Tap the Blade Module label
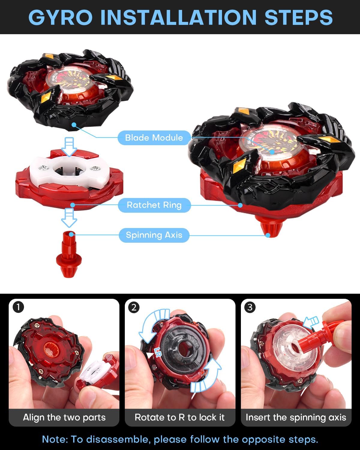point(154,138)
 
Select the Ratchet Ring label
point(154,205)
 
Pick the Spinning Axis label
point(154,235)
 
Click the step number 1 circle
point(19,307)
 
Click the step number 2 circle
point(134,307)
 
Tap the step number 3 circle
point(250,307)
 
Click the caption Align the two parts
point(64,417)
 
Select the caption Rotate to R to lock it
point(180,417)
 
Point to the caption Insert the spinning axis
point(296,417)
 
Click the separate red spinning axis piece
point(68,255)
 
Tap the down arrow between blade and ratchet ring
point(69,147)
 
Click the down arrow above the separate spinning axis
point(69,218)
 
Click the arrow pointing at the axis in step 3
point(310,322)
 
